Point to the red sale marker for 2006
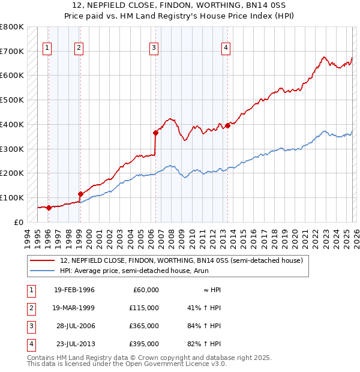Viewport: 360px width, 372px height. [155, 133]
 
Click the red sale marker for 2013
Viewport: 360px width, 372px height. [227, 125]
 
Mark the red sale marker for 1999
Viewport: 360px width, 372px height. [80, 194]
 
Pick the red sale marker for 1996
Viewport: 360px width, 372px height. [49, 208]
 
